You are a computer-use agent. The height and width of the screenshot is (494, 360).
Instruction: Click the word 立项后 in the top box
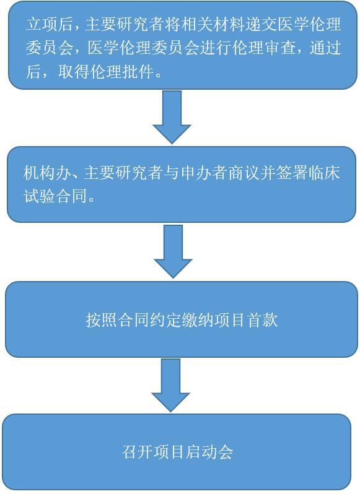pos(49,24)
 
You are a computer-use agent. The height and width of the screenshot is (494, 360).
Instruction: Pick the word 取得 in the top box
pos(74,72)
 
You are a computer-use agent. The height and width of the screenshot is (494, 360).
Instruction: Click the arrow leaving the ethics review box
pos(172,117)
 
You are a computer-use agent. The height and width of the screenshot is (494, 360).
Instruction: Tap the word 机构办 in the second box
pos(46,173)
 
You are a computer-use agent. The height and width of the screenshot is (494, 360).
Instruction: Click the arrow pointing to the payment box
pos(173,251)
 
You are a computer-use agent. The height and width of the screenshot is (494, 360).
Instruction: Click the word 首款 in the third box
pos(262,320)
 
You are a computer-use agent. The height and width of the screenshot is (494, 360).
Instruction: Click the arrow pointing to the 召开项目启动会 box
pos(170,385)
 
